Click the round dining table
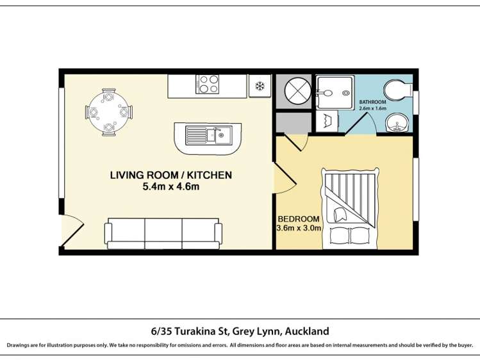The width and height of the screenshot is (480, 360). point(108,113)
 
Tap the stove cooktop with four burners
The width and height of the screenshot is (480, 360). point(208,85)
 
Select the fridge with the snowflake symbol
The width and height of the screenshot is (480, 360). point(260,86)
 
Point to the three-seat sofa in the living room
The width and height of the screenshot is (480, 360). point(163,233)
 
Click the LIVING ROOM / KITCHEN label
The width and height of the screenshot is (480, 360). point(171,175)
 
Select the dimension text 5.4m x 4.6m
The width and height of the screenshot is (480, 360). point(171,187)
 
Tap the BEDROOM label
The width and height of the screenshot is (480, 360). point(298,217)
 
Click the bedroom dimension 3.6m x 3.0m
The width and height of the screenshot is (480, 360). point(299,227)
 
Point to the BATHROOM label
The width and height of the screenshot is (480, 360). point(372,102)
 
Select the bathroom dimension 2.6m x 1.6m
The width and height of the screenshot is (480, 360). point(372,109)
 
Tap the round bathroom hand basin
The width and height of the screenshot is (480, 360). point(399,122)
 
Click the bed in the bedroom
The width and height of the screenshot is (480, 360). point(350,209)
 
